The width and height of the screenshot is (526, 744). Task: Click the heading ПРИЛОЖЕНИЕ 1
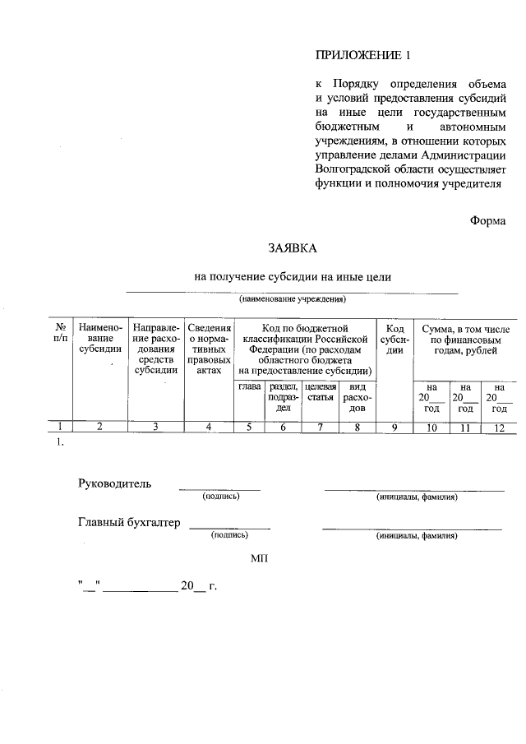tap(362, 56)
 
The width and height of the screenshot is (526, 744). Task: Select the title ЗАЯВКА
tap(291, 247)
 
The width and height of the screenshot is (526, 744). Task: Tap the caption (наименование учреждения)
tap(293, 298)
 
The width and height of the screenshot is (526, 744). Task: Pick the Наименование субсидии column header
tap(100, 339)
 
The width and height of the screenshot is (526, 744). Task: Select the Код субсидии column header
tap(394, 339)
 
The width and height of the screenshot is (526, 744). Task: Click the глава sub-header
tap(249, 386)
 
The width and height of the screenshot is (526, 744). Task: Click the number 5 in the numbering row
tap(249, 426)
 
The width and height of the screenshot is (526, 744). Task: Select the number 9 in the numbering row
tap(394, 426)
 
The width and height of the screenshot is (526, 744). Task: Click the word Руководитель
tap(114, 483)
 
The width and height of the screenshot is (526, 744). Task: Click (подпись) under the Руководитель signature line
tap(220, 497)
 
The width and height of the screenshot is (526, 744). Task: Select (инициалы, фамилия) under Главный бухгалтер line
tap(417, 535)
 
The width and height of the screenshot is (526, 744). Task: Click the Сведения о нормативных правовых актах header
tap(209, 349)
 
